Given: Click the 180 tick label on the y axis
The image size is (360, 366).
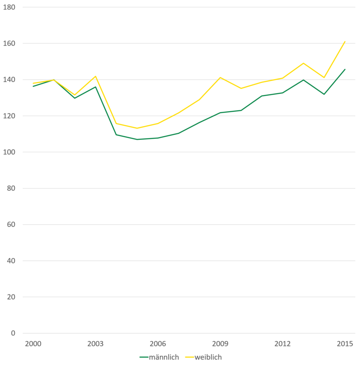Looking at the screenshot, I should tap(9, 7).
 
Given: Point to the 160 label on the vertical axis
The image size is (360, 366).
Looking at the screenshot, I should tap(9, 44).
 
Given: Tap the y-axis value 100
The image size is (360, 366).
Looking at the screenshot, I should tap(9, 152).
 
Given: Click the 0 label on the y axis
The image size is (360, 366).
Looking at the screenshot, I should tap(13, 333).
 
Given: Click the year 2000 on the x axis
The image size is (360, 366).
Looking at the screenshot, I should tap(33, 344).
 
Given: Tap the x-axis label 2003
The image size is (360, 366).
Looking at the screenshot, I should tap(96, 344).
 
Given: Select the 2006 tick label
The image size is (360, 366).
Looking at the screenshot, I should tap(158, 344).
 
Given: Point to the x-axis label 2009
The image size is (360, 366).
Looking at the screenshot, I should tap(220, 344).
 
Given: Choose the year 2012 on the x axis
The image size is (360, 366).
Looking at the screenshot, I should tap(282, 344).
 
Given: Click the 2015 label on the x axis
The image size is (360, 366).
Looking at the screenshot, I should tap(345, 344).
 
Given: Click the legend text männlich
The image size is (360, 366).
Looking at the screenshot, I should tap(164, 357).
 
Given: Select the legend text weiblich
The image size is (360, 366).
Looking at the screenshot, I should tap(211, 357).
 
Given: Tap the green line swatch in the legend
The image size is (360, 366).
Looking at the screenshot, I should tap(144, 357).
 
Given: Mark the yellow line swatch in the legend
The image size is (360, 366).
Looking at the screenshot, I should tap(190, 357).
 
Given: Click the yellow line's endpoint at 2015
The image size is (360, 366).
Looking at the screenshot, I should tap(345, 42).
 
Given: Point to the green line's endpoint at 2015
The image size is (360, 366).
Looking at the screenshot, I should tap(345, 69).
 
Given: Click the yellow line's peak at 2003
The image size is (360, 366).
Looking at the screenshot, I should tap(96, 76).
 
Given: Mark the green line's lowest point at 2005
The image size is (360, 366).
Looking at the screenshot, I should tap(137, 139).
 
